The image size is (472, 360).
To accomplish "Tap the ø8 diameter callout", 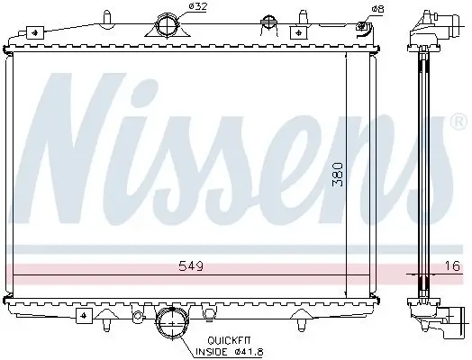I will pyautogui.click(x=377, y=10).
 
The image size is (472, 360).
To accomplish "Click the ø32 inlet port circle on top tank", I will pyautogui.click(x=168, y=25).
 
